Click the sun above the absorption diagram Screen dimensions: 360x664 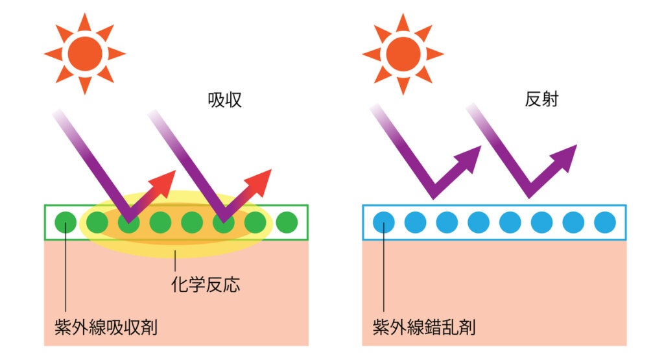pos(84,54)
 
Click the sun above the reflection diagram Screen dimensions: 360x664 pos(403,54)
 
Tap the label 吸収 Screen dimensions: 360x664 pos(224,100)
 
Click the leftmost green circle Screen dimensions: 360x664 pos(65,223)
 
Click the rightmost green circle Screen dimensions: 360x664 pos(286,223)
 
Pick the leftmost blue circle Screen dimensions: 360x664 pos(384,223)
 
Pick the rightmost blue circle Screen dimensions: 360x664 pos(604,223)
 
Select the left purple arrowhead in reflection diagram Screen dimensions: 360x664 pos(471,157)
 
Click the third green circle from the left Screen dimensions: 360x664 pos(128,223)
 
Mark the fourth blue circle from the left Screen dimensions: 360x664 pos(479,223)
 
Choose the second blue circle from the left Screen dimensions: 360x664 pos(416,223)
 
